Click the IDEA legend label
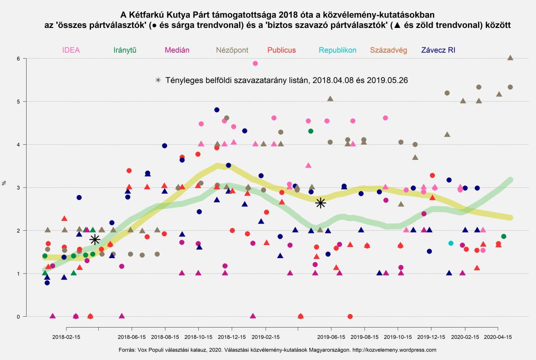[71, 50]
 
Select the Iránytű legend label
[126, 50]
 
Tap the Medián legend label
[177, 50]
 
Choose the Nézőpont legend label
[232, 50]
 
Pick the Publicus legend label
[281, 50]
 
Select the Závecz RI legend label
[438, 50]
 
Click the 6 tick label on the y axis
[19, 59]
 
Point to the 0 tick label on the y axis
[19, 317]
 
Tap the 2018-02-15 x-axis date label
[66, 337]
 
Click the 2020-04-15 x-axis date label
[497, 337]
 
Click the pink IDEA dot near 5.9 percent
[255, 64]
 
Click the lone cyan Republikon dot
[451, 243]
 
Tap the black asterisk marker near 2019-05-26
[321, 203]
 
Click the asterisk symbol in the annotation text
[158, 80]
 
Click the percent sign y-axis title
[5, 183]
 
